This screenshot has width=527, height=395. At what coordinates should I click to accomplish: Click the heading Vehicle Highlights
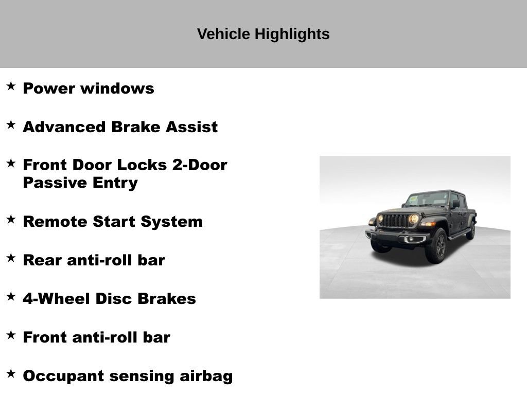[x=263, y=34]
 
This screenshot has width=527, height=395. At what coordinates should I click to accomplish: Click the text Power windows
[x=89, y=88]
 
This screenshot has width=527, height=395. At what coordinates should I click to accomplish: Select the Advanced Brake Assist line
[x=120, y=127]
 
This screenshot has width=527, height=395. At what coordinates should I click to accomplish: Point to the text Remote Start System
[x=113, y=222]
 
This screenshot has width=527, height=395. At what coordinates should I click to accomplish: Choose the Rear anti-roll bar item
[x=94, y=260]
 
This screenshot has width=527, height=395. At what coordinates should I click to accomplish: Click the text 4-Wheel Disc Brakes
[x=109, y=299]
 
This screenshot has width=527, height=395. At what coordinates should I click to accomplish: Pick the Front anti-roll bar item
[x=96, y=337]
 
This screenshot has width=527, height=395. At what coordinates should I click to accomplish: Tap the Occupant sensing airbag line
[x=128, y=376]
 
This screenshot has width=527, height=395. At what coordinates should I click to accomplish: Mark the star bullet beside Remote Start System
[x=11, y=219]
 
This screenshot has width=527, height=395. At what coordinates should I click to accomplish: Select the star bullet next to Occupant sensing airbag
[x=11, y=373]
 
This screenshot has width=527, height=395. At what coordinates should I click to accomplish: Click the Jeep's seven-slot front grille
[x=396, y=220]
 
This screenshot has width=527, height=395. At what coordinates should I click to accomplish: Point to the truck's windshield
[x=427, y=199]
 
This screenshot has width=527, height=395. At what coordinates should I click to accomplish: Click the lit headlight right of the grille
[x=414, y=219]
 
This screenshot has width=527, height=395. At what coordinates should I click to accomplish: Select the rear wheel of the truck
[x=470, y=231]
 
